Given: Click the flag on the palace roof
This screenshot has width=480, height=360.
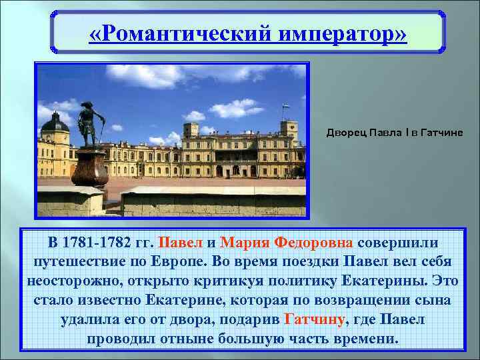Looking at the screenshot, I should click(285, 107).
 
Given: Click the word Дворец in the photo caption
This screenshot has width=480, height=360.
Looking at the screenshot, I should click(344, 133).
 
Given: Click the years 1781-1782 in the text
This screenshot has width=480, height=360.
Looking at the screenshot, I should click(107, 242).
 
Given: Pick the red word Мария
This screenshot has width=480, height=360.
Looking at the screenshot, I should click(245, 242).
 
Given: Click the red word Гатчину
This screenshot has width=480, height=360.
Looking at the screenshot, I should click(315, 319).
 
